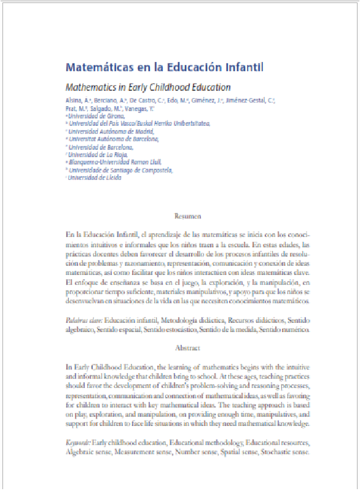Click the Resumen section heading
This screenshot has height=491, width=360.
(x=187, y=217)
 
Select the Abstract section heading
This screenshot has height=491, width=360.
(x=187, y=348)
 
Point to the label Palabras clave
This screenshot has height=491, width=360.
(x=84, y=320)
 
